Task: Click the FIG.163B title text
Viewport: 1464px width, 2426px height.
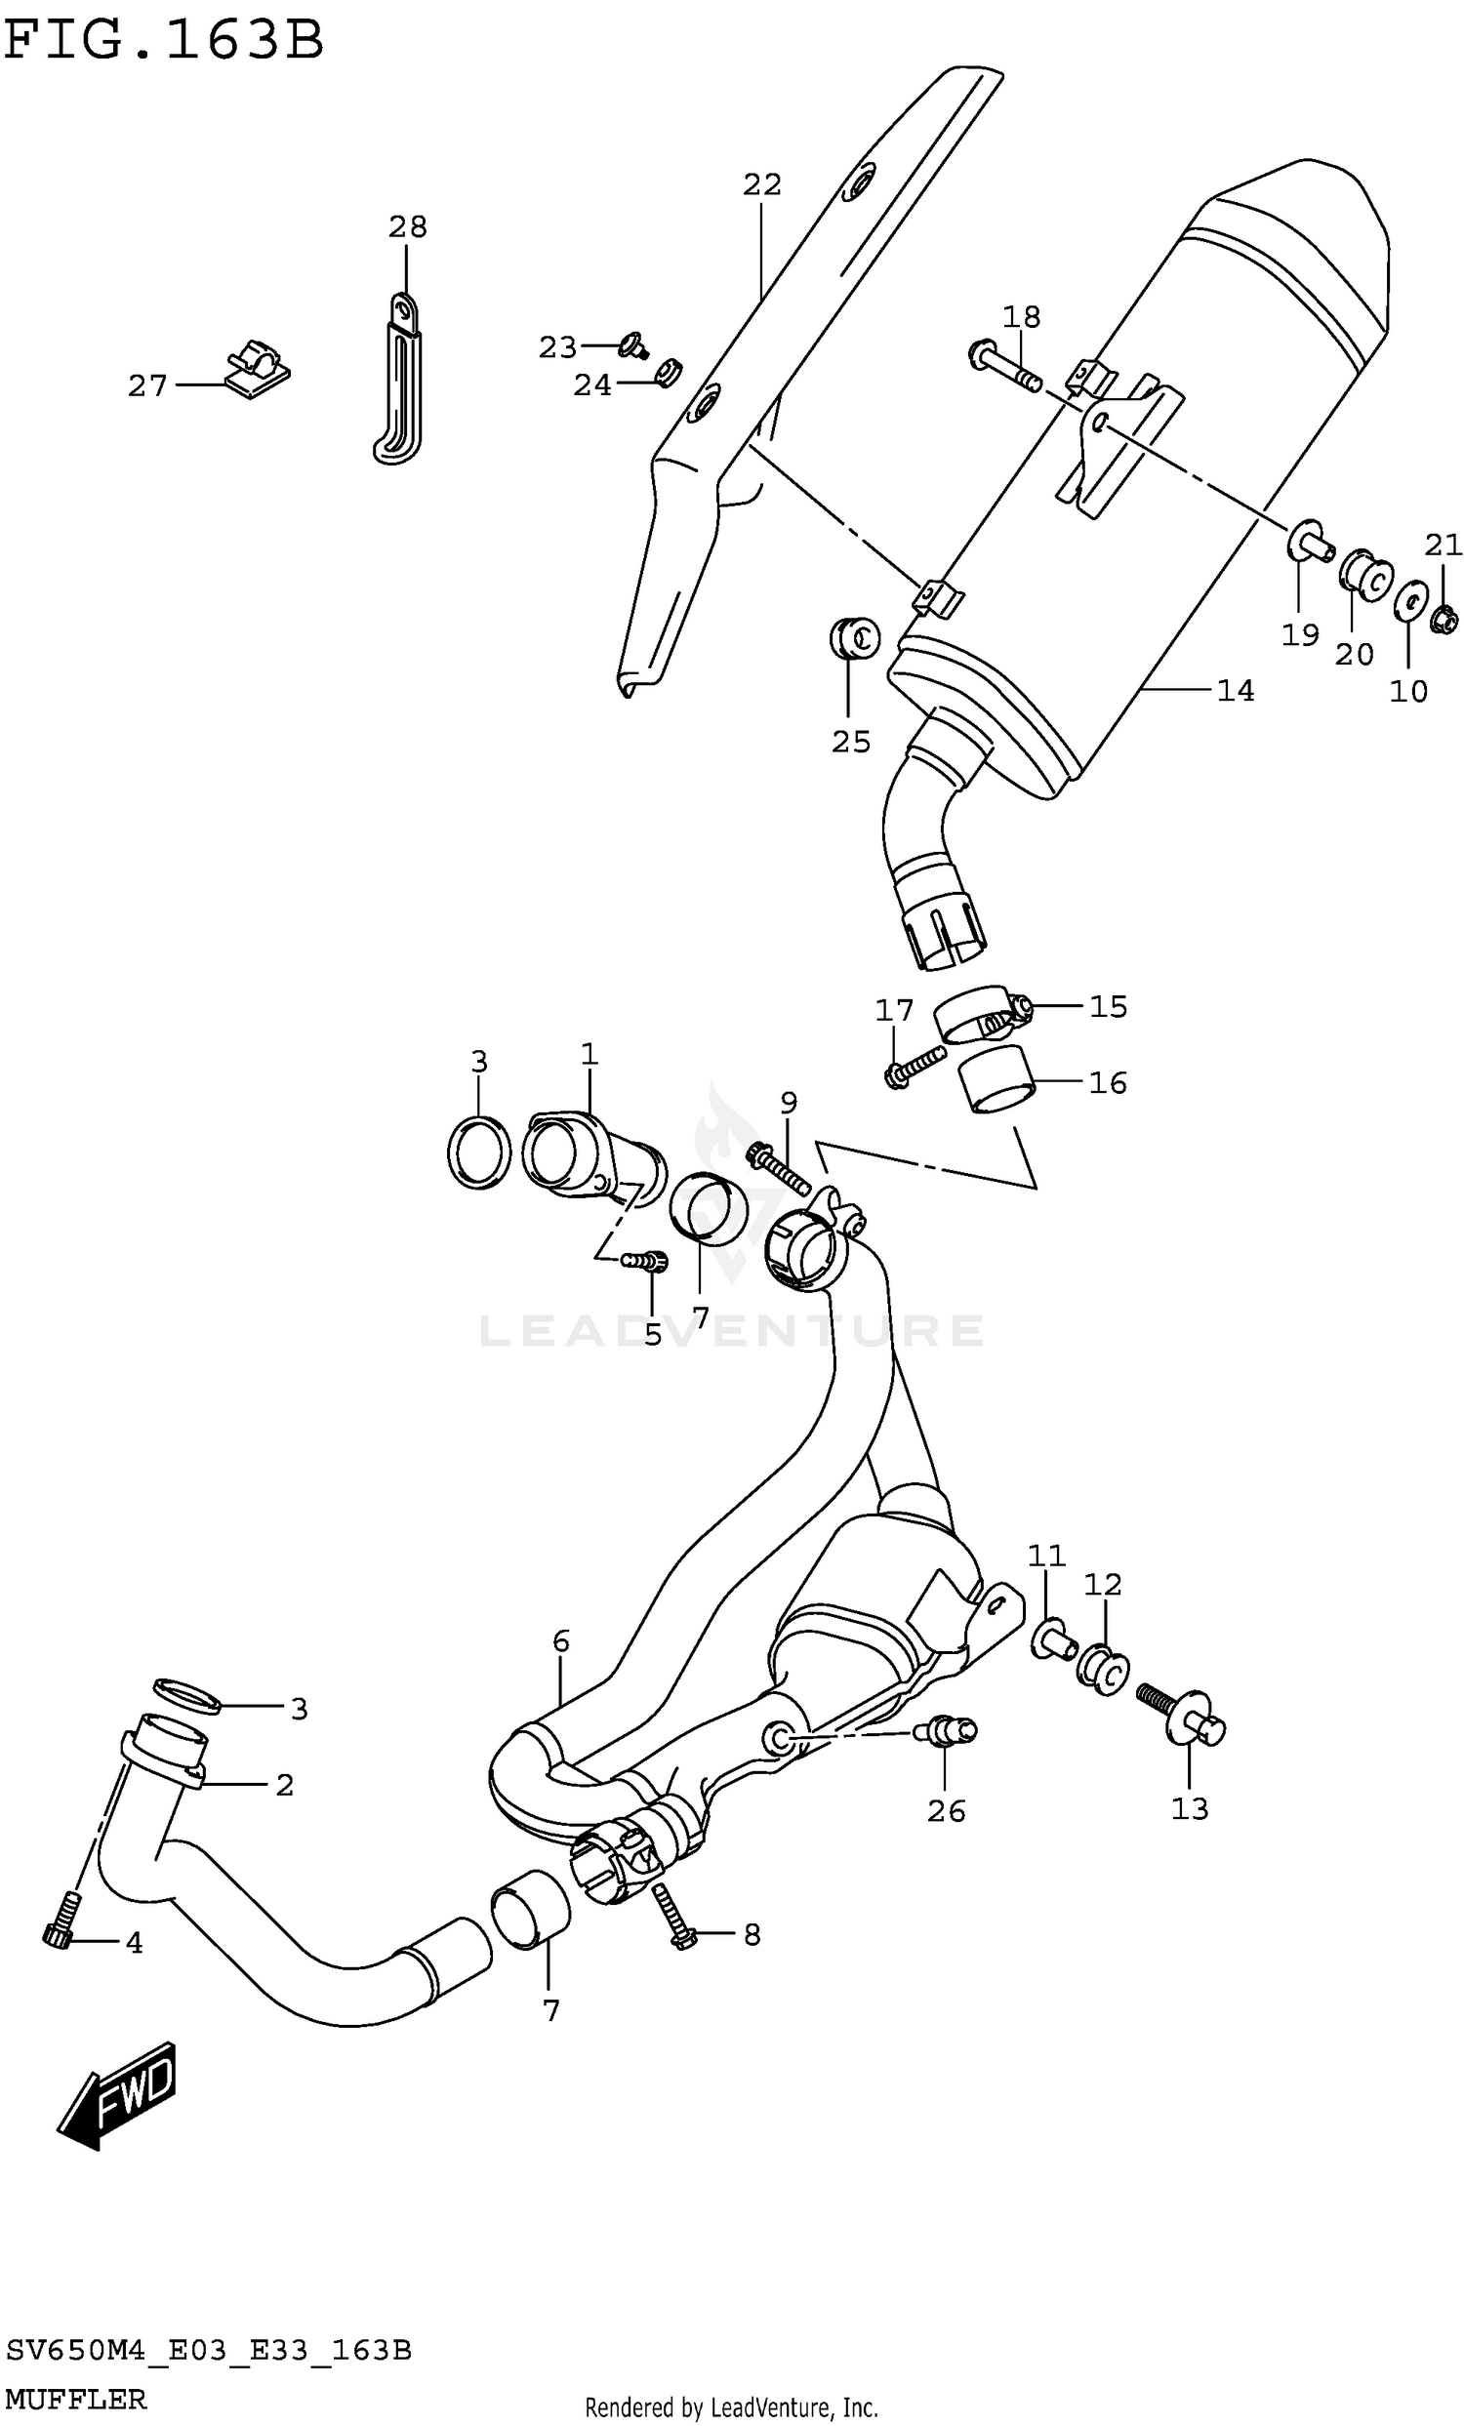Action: [163, 41]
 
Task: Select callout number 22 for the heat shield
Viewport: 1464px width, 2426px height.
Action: [761, 184]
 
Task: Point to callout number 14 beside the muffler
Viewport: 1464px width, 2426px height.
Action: [1235, 691]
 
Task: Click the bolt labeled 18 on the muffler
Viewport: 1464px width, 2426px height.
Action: [1004, 365]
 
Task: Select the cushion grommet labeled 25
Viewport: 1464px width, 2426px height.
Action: [853, 639]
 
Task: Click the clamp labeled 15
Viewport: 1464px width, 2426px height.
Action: [981, 1016]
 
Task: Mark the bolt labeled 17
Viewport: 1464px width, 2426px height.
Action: [913, 1069]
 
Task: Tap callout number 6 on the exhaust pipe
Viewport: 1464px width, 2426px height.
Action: [560, 1640]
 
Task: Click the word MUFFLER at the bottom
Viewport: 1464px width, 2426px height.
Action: [76, 2400]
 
